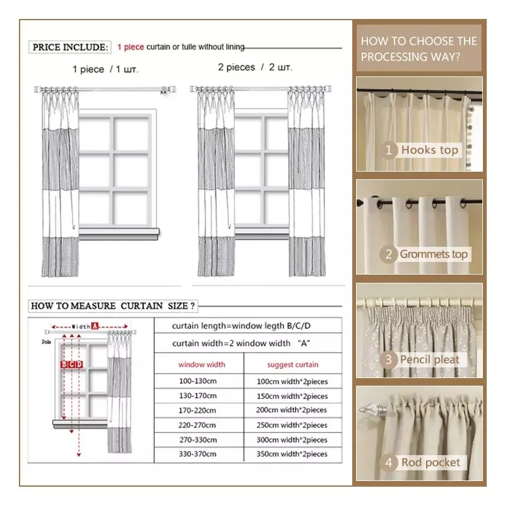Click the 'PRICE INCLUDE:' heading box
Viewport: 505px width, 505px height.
pos(70,47)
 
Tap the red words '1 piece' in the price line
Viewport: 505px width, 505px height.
pos(131,47)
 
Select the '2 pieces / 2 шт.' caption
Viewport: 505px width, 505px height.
pos(255,68)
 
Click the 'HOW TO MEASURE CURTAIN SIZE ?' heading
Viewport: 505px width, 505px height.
pos(113,306)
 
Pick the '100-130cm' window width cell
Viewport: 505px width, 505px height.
pos(198,381)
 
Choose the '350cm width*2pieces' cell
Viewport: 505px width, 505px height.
pos(292,454)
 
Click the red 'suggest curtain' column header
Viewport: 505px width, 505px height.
pos(293,365)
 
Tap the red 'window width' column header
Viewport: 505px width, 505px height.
pos(201,365)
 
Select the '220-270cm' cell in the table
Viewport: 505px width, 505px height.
pos(197,425)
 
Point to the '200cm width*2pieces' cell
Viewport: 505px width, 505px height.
pos(292,410)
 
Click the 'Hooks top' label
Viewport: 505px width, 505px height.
pos(430,150)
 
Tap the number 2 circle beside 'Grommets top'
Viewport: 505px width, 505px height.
pos(388,254)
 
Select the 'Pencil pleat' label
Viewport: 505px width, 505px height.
pos(430,359)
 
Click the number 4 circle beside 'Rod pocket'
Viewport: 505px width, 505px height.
pos(388,463)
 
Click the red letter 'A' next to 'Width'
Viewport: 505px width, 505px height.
pos(94,326)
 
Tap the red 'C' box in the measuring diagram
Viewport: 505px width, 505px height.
pos(72,364)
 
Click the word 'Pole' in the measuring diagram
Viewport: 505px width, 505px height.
pos(46,342)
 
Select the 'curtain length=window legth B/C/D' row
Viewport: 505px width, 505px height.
pos(241,326)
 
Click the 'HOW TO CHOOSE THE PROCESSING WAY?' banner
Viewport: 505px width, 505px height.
pos(419,49)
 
